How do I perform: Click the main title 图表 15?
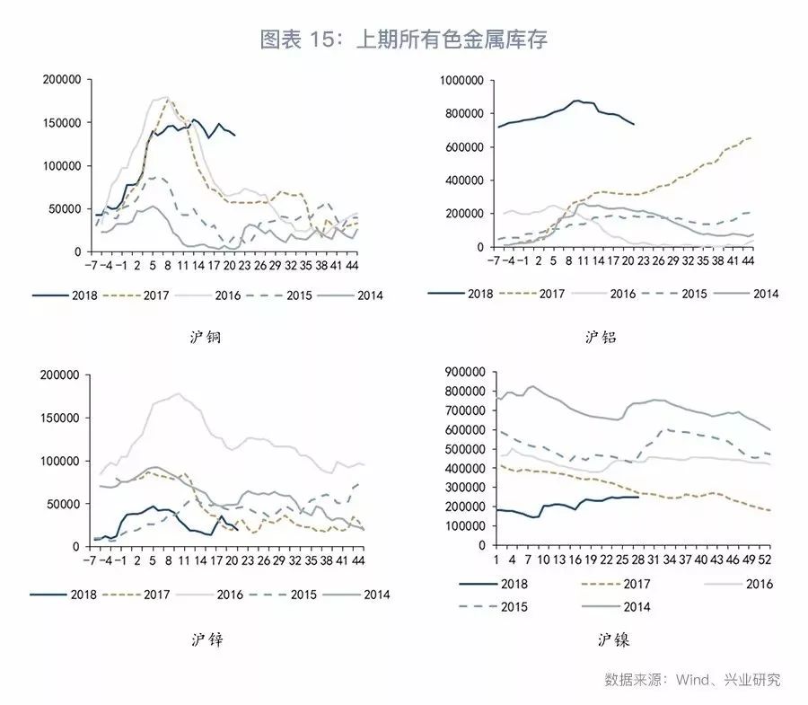coord(403,40)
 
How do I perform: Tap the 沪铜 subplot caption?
coord(206,338)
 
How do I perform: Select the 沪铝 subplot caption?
coord(601,338)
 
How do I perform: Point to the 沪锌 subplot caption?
coord(206,639)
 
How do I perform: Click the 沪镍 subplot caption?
coord(613,639)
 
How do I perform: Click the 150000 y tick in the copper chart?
coord(62,123)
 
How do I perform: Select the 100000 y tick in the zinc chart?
coord(62,461)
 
